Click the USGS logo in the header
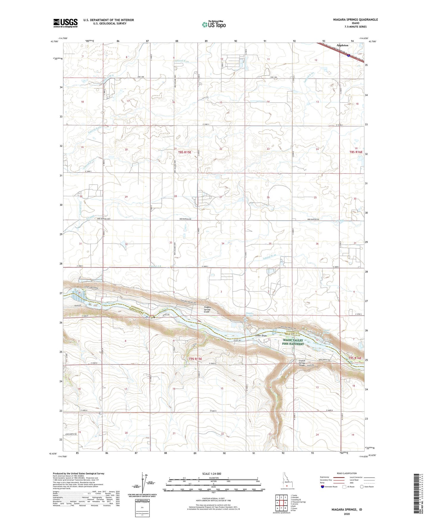pyautogui.click(x=65, y=23)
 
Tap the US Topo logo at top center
pyautogui.click(x=213, y=24)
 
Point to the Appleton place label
pyautogui.click(x=342, y=45)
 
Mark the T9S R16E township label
pyautogui.click(x=355, y=358)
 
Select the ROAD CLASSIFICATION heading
pyautogui.click(x=347, y=473)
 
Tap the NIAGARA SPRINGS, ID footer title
pyautogui.click(x=347, y=510)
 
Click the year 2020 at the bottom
pyautogui.click(x=347, y=514)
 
